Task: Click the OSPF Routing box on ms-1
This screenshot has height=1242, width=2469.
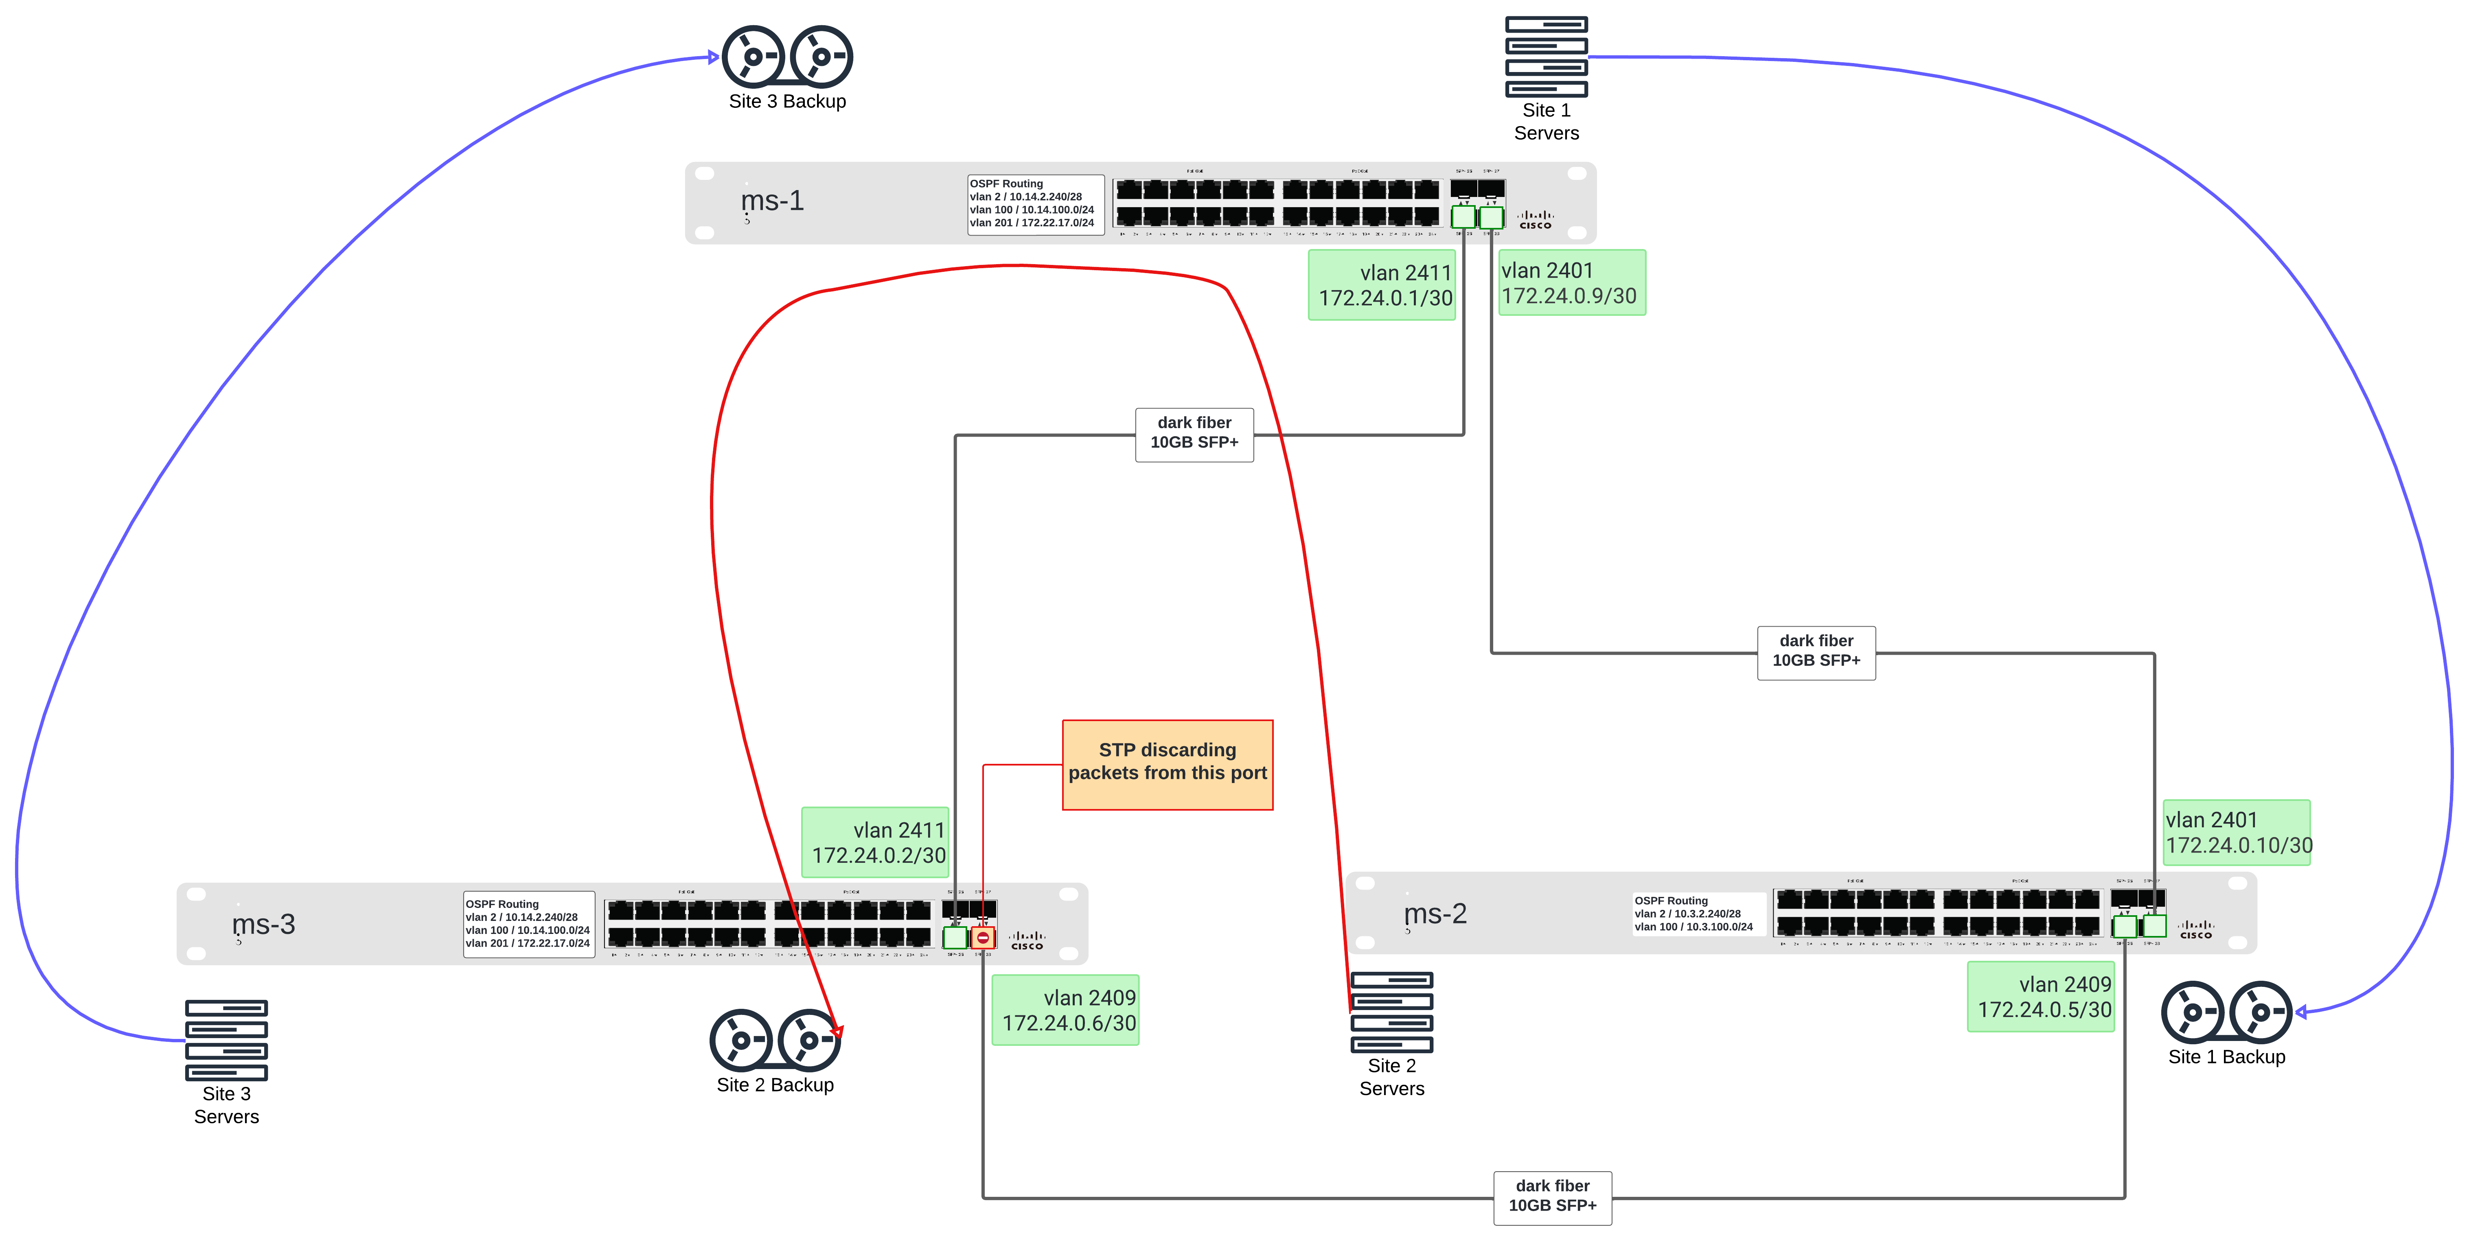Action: click(x=1035, y=203)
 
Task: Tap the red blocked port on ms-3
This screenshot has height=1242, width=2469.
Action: click(x=982, y=938)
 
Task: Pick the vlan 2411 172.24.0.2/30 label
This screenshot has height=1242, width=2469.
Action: click(x=875, y=842)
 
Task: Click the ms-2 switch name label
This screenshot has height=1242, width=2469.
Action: click(x=1435, y=914)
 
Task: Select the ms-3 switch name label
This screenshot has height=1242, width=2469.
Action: click(x=263, y=925)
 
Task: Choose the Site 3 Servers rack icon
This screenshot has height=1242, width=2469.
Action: click(x=226, y=1040)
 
